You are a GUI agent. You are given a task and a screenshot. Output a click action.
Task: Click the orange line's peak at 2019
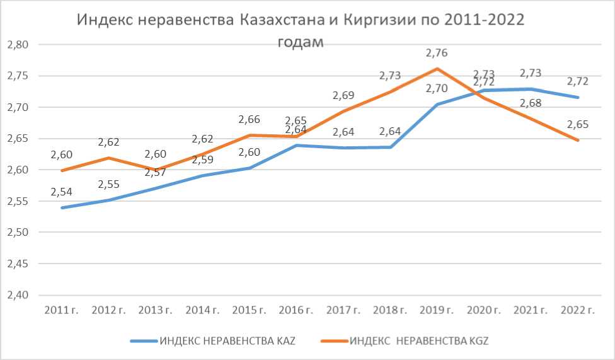437,69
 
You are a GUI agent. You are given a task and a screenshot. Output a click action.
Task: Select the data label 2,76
437,53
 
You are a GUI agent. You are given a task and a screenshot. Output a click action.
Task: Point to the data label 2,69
343,96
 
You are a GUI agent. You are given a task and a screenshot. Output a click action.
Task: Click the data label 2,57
156,171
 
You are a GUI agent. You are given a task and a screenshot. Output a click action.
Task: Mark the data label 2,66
250,120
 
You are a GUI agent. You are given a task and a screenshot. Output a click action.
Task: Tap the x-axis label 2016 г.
296,310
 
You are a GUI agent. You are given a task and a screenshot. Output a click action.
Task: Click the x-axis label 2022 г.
577,310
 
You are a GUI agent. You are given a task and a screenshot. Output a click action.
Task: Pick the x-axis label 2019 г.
437,310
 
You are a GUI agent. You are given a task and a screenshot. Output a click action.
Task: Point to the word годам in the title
300,42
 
